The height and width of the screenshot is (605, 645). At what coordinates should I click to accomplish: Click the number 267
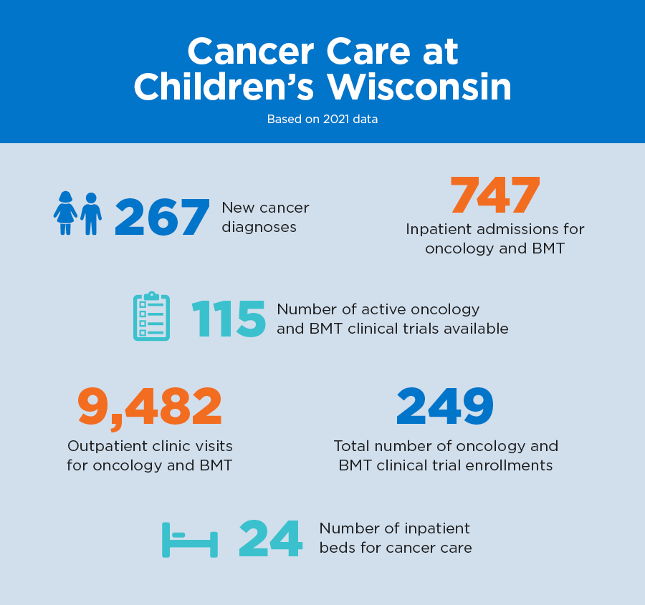[162, 217]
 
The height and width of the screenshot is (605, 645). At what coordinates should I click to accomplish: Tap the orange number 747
[494, 195]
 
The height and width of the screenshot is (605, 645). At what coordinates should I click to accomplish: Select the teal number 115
[228, 319]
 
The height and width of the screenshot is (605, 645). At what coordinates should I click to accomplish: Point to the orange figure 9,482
[150, 407]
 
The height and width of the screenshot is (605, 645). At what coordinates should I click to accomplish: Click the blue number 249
[445, 407]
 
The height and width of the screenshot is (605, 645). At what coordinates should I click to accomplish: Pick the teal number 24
[270, 538]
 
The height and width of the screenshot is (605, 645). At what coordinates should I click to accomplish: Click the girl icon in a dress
[65, 213]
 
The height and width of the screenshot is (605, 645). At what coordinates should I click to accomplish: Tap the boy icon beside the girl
[90, 213]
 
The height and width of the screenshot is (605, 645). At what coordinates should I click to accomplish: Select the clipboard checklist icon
[152, 316]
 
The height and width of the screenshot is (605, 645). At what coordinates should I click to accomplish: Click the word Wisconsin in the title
[419, 88]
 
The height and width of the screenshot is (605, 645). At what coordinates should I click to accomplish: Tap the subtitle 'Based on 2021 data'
[322, 120]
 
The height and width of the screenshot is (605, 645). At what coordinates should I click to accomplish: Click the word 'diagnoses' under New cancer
[259, 227]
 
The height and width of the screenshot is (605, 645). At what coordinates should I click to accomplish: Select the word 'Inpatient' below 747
[439, 230]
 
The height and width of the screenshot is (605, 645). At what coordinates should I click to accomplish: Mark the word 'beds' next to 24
[339, 548]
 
